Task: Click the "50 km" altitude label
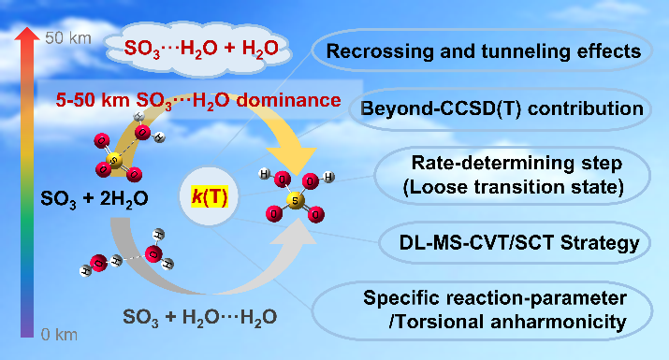click(x=68, y=38)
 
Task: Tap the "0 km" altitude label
click(x=59, y=335)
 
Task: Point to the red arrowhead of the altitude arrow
click(x=27, y=34)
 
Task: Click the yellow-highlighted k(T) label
click(x=210, y=196)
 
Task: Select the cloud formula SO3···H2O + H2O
click(x=201, y=49)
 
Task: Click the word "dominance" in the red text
click(x=289, y=100)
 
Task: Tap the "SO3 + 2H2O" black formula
click(x=95, y=199)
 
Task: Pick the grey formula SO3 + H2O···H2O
click(x=199, y=318)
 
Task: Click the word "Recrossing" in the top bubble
click(x=380, y=51)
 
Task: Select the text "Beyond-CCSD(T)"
click(x=441, y=108)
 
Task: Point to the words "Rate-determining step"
click(x=516, y=164)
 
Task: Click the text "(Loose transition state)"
click(x=514, y=187)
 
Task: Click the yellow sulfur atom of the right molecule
click(x=296, y=200)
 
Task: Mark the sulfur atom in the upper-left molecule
click(x=114, y=161)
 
